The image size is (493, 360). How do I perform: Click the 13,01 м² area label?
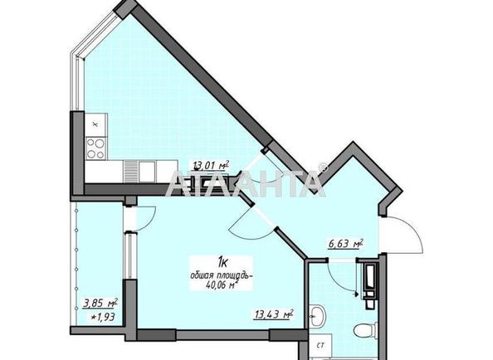(x=211, y=166)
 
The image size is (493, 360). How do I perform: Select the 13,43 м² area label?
(x=274, y=314)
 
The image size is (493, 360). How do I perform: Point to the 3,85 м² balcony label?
(x=100, y=304)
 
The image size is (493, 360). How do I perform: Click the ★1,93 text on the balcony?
(x=103, y=317)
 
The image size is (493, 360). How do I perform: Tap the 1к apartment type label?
(x=223, y=261)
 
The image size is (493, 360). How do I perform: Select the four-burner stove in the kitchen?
(x=96, y=148)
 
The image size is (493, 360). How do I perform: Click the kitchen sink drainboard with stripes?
(x=129, y=172)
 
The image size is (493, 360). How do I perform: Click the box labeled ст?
(x=320, y=346)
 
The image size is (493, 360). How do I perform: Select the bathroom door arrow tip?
(x=357, y=294)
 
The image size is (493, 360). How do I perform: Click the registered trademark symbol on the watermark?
(x=323, y=168)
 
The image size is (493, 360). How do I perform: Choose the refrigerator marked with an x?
(x=96, y=124)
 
